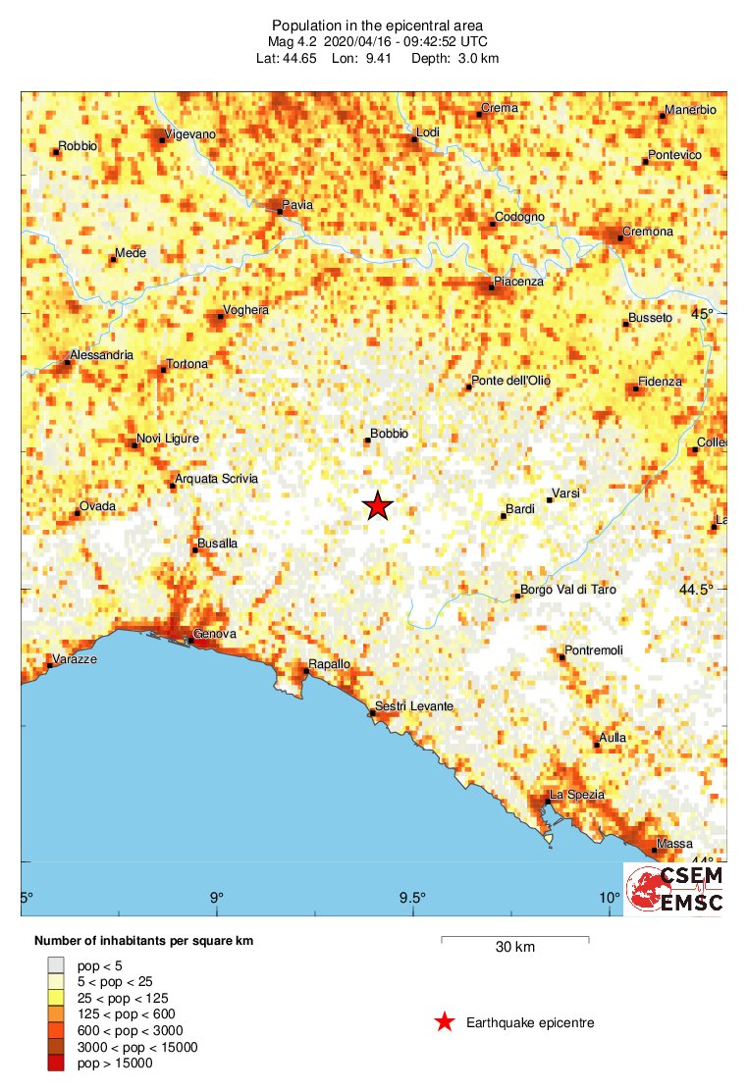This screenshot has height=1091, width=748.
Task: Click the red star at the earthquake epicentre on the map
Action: pyautogui.click(x=378, y=505)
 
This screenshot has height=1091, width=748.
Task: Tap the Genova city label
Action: pyautogui.click(x=215, y=635)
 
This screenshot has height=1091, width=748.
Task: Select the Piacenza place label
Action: pyautogui.click(x=518, y=282)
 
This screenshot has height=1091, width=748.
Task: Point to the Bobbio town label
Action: pyautogui.click(x=390, y=433)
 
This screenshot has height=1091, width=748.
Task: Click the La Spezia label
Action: pyautogui.click(x=576, y=794)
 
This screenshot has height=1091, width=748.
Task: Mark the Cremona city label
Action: pyautogui.click(x=649, y=232)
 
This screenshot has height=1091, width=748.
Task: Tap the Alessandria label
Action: pyautogui.click(x=101, y=355)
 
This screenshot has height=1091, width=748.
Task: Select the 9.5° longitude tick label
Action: pyautogui.click(x=412, y=898)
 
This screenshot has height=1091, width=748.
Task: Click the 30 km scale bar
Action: pyautogui.click(x=515, y=940)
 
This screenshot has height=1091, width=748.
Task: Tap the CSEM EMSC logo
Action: pyautogui.click(x=675, y=889)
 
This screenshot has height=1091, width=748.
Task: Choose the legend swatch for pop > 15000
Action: pyautogui.click(x=56, y=1063)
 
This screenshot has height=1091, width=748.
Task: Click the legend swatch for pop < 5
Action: pyautogui.click(x=56, y=964)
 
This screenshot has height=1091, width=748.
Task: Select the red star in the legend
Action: pyautogui.click(x=445, y=1022)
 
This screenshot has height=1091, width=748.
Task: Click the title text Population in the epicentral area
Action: pyautogui.click(x=377, y=25)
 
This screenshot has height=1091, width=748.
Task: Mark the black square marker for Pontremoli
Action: pyautogui.click(x=562, y=656)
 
